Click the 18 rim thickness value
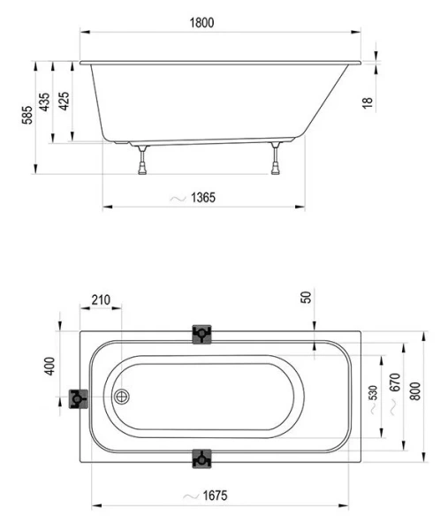(368, 102)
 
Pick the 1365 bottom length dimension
(202, 198)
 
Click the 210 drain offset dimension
(100, 300)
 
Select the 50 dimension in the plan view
(307, 297)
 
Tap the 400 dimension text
(49, 365)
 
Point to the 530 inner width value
(373, 391)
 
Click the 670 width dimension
(394, 383)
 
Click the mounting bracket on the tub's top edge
(202, 333)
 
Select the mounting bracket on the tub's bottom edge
(202, 458)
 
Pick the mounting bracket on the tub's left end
(79, 399)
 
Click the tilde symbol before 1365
(178, 198)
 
